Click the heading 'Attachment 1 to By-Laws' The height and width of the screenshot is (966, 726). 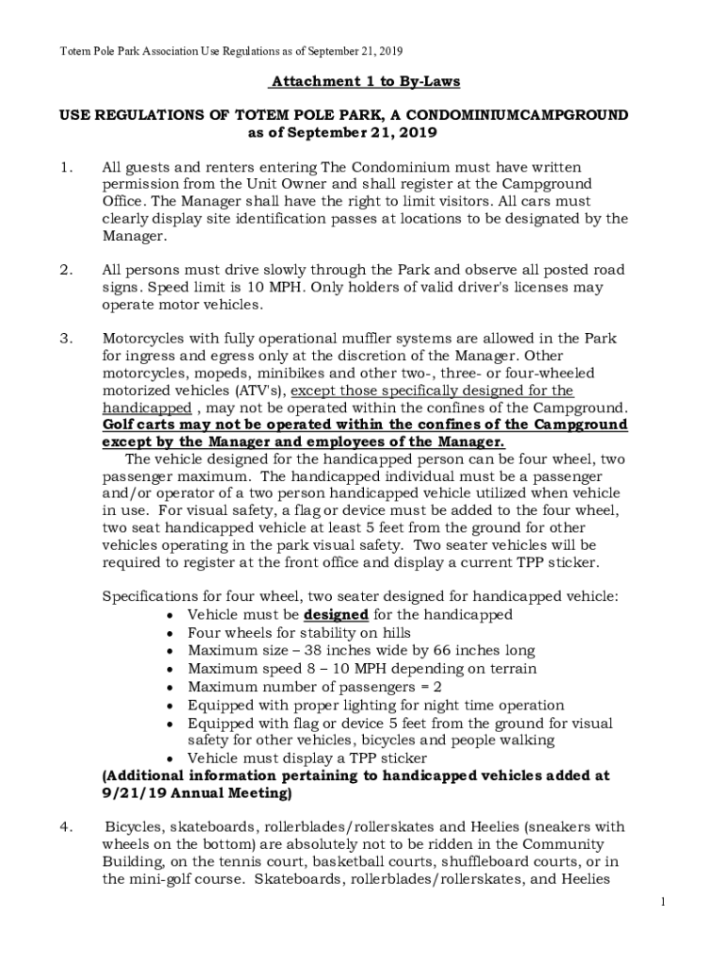(x=365, y=81)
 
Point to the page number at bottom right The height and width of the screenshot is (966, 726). (x=664, y=903)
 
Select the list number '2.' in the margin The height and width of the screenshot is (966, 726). (x=65, y=270)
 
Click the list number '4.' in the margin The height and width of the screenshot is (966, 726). (x=65, y=827)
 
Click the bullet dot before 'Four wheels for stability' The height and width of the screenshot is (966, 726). (x=168, y=633)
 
